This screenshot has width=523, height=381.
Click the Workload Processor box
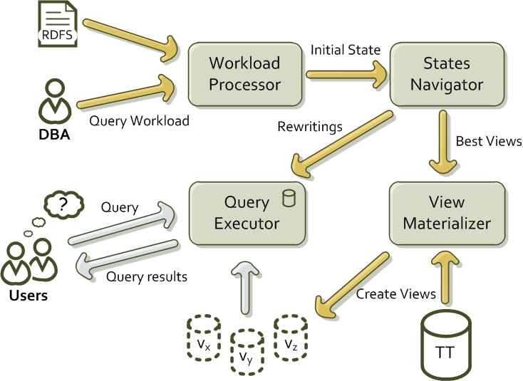pyautogui.click(x=245, y=74)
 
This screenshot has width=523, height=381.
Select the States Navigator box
pyautogui.click(x=447, y=74)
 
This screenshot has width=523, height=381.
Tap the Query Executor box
pyautogui.click(x=247, y=214)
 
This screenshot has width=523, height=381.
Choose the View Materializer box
pyautogui.click(x=447, y=214)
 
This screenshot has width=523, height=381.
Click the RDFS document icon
pyautogui.click(x=58, y=24)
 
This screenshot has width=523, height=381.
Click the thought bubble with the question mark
pyautogui.click(x=63, y=204)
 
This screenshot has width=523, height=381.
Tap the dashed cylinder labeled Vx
pyautogui.click(x=204, y=338)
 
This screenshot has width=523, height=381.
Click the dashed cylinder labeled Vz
pyautogui.click(x=291, y=338)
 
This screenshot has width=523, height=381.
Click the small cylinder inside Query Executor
pyautogui.click(x=289, y=198)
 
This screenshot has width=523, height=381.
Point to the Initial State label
pyautogui.click(x=346, y=50)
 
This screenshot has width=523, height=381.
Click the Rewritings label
pyautogui.click(x=310, y=127)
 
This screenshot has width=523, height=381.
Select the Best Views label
pyautogui.click(x=489, y=141)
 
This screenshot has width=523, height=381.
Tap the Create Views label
pyautogui.click(x=396, y=294)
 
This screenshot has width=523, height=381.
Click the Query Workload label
pyautogui.click(x=139, y=120)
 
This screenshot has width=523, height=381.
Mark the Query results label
pyautogui.click(x=147, y=276)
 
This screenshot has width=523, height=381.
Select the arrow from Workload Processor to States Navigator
pyautogui.click(x=346, y=75)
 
